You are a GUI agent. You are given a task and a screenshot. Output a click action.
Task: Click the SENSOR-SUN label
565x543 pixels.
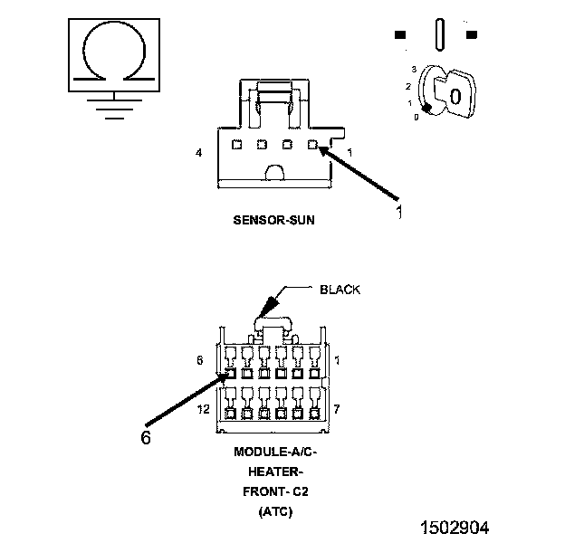click(x=273, y=220)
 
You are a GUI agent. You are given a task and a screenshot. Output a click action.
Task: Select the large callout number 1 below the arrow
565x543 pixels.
click(x=399, y=212)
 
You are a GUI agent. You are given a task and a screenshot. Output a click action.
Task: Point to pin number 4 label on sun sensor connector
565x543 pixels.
click(x=199, y=153)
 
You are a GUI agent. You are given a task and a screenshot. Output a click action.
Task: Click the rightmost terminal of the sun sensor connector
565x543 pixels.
click(x=312, y=145)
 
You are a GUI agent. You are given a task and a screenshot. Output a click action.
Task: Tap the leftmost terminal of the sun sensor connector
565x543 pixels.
click(x=236, y=145)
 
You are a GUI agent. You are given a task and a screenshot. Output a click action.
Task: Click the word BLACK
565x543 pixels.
click(x=340, y=290)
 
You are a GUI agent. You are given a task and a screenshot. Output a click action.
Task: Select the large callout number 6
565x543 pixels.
click(x=146, y=437)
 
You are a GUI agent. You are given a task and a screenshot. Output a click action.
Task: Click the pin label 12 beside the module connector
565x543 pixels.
click(x=203, y=409)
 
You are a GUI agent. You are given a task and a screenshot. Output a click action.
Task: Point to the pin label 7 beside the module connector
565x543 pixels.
click(x=336, y=409)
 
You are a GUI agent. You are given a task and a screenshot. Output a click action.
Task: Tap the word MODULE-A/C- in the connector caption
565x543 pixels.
click(x=275, y=452)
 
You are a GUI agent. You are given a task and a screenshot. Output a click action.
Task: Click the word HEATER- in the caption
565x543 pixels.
click(x=273, y=472)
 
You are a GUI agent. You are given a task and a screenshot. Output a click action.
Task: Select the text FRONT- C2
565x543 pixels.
click(x=275, y=491)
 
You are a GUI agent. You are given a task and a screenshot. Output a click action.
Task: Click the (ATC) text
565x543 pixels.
click(x=275, y=511)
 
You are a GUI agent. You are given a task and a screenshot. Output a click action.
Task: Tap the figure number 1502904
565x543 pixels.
click(x=455, y=528)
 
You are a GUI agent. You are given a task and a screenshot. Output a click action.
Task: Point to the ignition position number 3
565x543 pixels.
click(x=414, y=69)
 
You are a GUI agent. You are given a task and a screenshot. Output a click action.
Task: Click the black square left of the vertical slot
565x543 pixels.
click(x=400, y=34)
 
